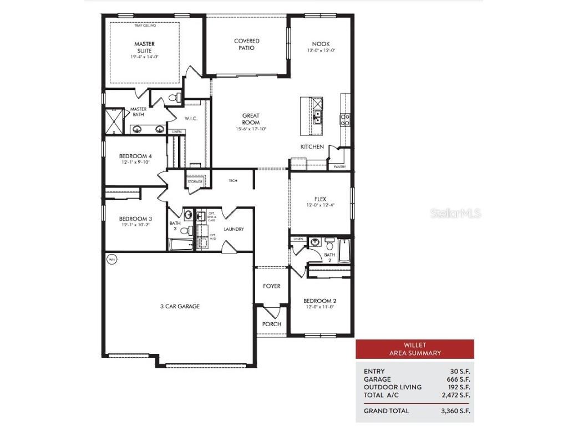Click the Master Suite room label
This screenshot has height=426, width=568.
[144, 47]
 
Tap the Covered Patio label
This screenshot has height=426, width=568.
[247, 44]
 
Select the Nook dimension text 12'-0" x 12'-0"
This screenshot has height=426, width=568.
[321, 50]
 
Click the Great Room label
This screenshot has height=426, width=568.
[251, 119]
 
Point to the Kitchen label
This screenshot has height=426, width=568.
[312, 147]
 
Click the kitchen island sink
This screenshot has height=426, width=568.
[318, 117]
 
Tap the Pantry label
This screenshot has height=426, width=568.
[339, 166]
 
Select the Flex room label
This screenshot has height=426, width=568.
[321, 199]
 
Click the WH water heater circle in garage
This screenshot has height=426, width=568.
[111, 258]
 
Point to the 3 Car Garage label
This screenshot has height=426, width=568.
[180, 306]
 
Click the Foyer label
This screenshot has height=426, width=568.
[272, 286]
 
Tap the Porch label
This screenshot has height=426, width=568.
[272, 324]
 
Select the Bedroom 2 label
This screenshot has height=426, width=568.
[320, 301]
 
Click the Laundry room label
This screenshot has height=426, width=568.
[234, 229]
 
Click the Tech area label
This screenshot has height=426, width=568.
[233, 181]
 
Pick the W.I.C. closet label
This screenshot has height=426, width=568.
[191, 119]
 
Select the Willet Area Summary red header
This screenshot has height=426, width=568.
[415, 349]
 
